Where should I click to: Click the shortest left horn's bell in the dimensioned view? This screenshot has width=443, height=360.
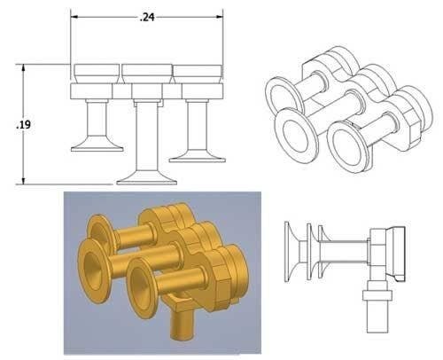[97, 144]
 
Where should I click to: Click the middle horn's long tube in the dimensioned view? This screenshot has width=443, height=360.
[146, 133]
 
